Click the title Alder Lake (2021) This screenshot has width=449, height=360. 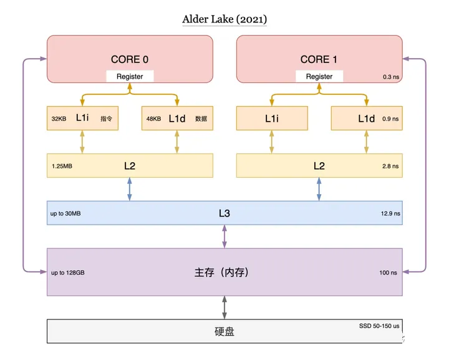(x=224, y=19)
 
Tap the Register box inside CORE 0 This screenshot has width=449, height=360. (x=130, y=77)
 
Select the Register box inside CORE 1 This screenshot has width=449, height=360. (x=319, y=77)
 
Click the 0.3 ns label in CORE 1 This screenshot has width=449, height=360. (x=391, y=77)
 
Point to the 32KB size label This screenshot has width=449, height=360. (x=59, y=119)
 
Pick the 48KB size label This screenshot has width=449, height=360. (x=153, y=119)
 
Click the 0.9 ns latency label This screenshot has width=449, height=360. (x=390, y=119)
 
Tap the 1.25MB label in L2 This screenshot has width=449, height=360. (x=62, y=166)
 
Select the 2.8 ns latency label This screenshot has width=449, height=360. (x=390, y=166)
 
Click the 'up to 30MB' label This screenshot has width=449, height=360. (x=65, y=213)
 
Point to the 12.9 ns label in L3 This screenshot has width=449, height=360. (x=390, y=213)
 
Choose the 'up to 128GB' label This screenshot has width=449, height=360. (x=67, y=273)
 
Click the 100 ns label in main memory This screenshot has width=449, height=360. (x=388, y=273)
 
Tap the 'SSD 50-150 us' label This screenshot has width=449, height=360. (x=379, y=326)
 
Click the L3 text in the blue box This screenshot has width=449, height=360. (x=224, y=213)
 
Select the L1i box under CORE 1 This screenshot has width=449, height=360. (x=272, y=119)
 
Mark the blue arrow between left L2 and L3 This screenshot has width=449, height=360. (x=130, y=189)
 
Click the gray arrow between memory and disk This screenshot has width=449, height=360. (x=224, y=308)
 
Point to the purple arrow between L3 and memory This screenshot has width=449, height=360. (x=224, y=236)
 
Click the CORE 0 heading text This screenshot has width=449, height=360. (x=130, y=59)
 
